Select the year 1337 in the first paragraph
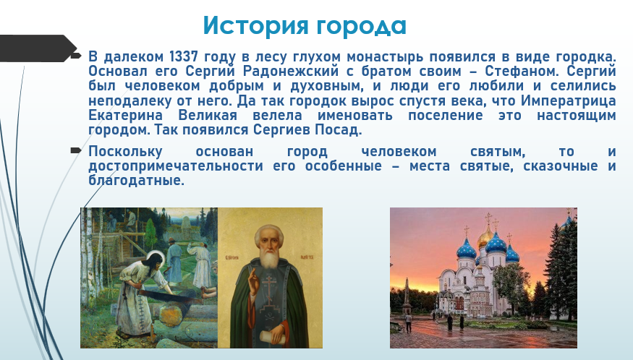pyautogui.click(x=183, y=56)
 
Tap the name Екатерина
pyautogui.click(x=126, y=116)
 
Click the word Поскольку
pyautogui.click(x=126, y=152)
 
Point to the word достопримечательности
pyautogui.click(x=176, y=166)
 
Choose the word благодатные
pyautogui.click(x=137, y=181)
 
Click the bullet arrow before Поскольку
pyautogui.click(x=75, y=151)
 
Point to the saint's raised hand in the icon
pyautogui.click(x=252, y=283)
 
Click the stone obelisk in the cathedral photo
pyautogui.click(x=407, y=299)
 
